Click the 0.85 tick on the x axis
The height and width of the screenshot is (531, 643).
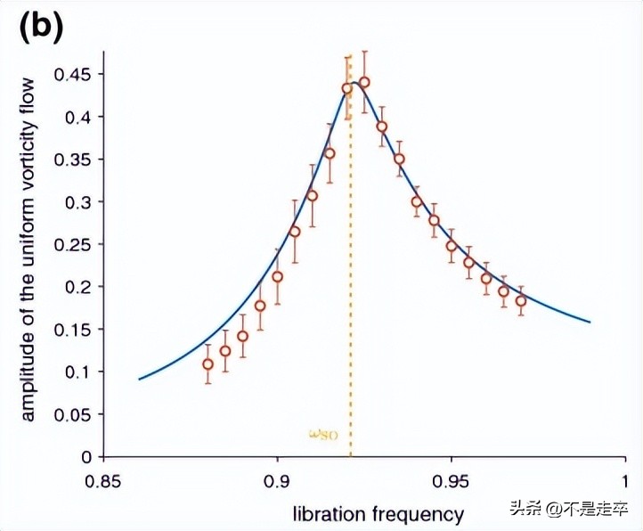(x=103, y=480)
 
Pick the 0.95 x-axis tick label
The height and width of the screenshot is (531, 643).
(x=451, y=480)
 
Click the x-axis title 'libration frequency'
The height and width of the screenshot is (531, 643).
(x=378, y=514)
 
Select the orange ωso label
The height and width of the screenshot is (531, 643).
(x=323, y=435)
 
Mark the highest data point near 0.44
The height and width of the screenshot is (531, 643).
(x=363, y=82)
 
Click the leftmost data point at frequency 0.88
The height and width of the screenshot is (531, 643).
(x=208, y=364)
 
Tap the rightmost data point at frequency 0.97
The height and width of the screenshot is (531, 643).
(x=521, y=300)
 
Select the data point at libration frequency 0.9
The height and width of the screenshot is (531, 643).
(x=277, y=276)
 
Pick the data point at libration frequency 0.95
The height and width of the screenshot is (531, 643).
(x=452, y=246)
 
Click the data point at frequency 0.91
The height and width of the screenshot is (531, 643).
(x=312, y=195)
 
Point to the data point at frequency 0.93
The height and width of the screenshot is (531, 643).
(x=381, y=127)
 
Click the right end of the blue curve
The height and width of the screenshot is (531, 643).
(x=590, y=322)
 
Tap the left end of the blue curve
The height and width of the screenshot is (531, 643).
(x=139, y=380)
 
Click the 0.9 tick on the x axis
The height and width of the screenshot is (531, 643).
(x=277, y=480)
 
